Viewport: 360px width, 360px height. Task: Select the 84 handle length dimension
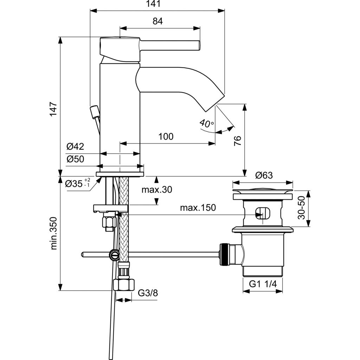point(157,21)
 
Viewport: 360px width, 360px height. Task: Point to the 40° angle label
point(206,123)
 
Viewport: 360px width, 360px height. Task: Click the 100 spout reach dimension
point(166,136)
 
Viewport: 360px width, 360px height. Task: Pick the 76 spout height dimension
point(238,141)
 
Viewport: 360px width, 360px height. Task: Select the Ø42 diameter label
point(75,146)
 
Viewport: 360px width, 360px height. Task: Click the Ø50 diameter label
point(75,159)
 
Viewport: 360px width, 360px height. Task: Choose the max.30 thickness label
point(157,190)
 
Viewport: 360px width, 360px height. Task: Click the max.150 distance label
point(198,207)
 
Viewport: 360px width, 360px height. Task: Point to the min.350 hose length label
point(53,233)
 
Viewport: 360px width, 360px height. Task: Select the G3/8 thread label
point(148,292)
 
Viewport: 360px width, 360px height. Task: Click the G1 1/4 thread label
point(263,284)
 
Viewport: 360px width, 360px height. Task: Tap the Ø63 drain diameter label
point(264,175)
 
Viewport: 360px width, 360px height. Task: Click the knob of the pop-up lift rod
point(95,111)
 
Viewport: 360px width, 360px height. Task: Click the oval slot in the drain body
point(262,212)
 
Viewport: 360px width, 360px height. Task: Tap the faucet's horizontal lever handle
point(171,46)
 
